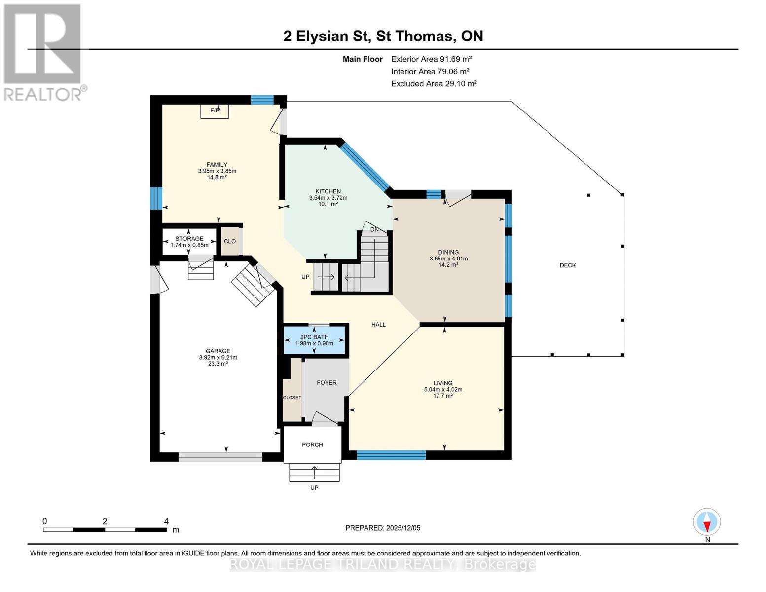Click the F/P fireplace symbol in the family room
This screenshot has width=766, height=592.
pos(215,111)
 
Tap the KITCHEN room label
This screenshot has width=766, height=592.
pos(328,191)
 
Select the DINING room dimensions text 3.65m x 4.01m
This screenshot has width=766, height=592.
pos(448,259)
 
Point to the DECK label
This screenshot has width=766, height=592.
pos(568,265)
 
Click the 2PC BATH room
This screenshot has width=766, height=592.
pos(314,340)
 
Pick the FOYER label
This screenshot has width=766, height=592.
pos(327,383)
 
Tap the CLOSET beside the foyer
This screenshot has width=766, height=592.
pos(292,397)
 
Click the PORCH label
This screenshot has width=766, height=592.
pos(312,444)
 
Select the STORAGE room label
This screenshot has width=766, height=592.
pos(189,239)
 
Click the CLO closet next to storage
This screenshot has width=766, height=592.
pos(230,241)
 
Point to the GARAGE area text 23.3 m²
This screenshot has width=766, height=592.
pos(218,364)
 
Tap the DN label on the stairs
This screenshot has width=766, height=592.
pos(374,230)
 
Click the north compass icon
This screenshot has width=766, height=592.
pos(707,522)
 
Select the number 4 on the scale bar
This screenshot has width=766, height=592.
pos(166,521)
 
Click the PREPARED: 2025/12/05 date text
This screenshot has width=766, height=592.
pos(383,528)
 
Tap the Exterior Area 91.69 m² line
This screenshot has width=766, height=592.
pos(432,59)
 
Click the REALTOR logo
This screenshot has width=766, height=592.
pos(43,52)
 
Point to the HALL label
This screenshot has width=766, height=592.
pos(378,325)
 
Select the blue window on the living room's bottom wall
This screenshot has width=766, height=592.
pos(391,455)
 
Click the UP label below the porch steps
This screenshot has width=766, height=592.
pos(314,487)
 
